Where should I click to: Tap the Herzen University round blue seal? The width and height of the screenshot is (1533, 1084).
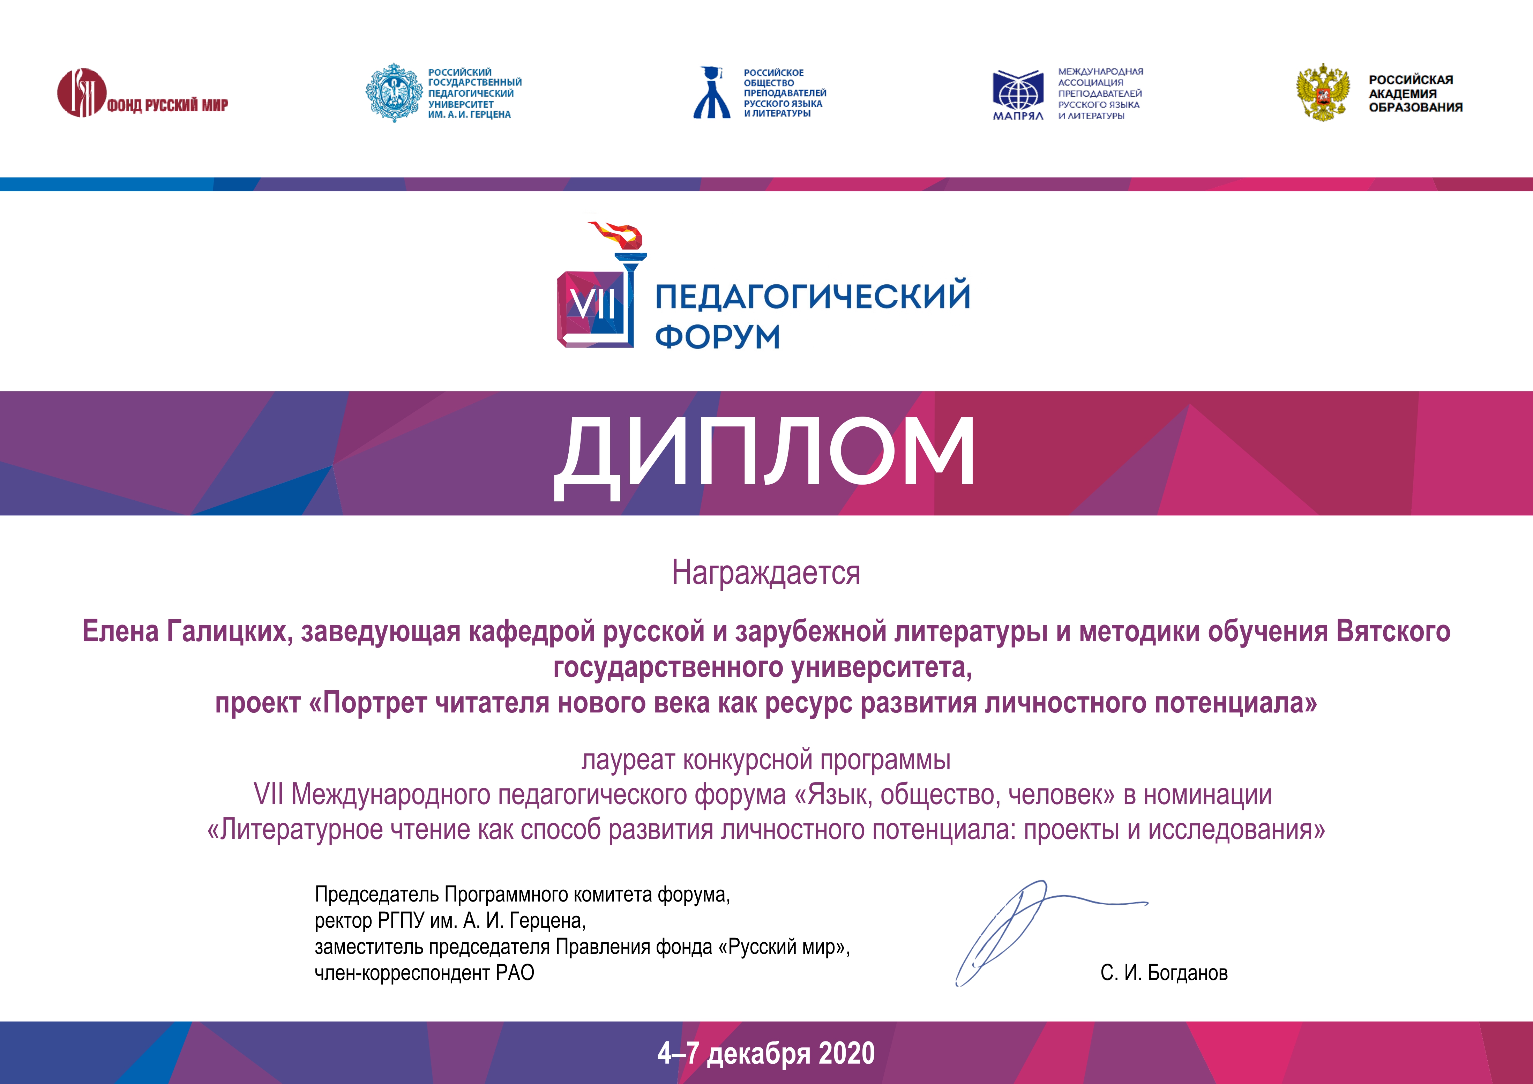pos(394,93)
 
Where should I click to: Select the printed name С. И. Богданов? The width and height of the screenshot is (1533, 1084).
pos(1164,972)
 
